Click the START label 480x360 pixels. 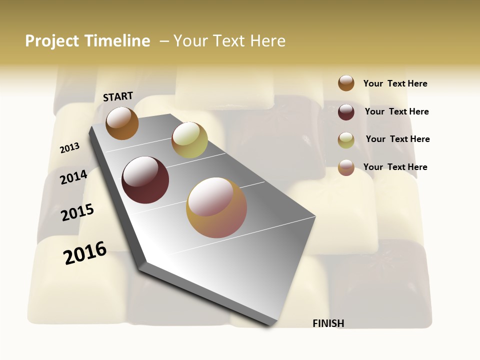point(118,96)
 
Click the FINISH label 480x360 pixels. point(328,323)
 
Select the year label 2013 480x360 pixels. point(69,147)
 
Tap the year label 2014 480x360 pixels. point(73,177)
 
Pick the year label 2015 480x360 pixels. point(77,212)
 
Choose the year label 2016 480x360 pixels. point(85,252)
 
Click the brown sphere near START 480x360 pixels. point(122,123)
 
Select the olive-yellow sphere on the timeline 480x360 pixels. point(189,140)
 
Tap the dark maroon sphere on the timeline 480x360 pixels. point(145,180)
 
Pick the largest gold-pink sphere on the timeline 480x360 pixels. point(216,207)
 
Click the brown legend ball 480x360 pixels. point(346,83)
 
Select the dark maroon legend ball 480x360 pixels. point(346,112)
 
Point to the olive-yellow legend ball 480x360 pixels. point(346,140)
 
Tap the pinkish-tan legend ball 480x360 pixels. point(346,167)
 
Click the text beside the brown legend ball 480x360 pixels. point(395,83)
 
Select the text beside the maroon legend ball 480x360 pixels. point(396,111)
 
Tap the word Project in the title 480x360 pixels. point(52,41)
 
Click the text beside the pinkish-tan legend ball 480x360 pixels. point(395,167)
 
